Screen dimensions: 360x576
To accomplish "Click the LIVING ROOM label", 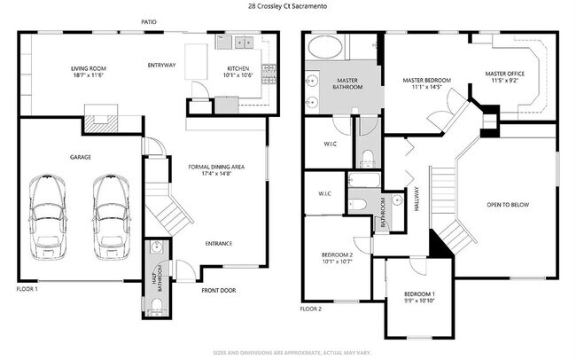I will (90, 72).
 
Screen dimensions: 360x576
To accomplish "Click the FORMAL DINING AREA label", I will (218, 170).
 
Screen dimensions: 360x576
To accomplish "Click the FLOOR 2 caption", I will (311, 309).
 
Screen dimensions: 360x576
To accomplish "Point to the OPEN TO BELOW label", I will (508, 205).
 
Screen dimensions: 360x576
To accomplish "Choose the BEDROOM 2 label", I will (337, 258).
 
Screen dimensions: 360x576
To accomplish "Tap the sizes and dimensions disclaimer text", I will (288, 352).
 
